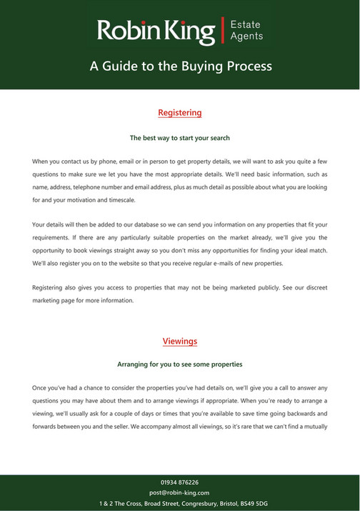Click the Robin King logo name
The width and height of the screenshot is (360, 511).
click(x=156, y=31)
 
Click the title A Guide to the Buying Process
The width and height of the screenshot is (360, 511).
click(x=180, y=66)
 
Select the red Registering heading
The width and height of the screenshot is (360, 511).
click(x=180, y=113)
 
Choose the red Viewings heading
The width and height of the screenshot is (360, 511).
click(x=180, y=341)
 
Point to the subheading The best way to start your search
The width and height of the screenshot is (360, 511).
click(x=180, y=137)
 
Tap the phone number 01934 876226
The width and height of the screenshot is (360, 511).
click(x=180, y=482)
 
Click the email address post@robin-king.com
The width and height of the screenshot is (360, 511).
click(x=180, y=493)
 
